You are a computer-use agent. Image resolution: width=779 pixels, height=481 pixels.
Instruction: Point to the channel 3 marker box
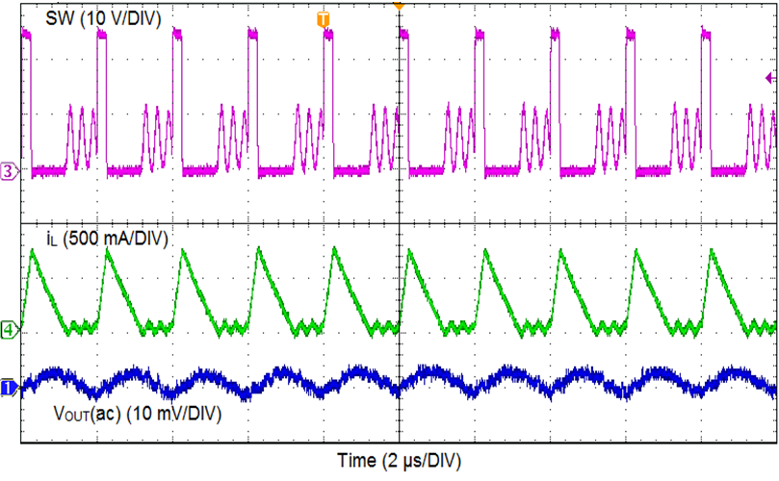click(x=9, y=171)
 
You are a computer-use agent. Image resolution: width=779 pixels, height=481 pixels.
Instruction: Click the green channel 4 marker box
click(x=9, y=330)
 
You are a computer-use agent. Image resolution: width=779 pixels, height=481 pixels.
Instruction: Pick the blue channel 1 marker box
click(x=8, y=387)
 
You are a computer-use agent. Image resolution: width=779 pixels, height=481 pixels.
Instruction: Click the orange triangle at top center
click(x=398, y=6)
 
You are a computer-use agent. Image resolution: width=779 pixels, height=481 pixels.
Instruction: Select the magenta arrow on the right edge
click(x=768, y=78)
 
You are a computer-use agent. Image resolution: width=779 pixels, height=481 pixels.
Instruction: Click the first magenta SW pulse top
click(x=26, y=34)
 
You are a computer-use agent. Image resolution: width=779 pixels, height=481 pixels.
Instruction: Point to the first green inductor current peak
click(x=33, y=250)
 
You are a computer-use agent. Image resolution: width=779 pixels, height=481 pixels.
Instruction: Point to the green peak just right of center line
click(x=409, y=251)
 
